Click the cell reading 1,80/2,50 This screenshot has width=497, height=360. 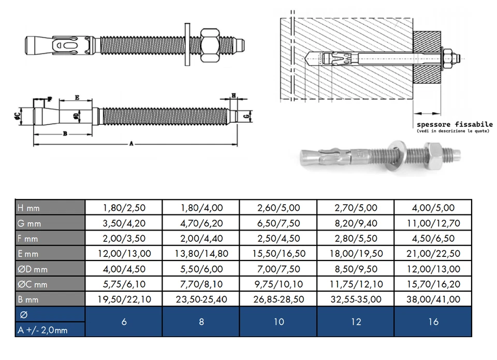coord(124,208)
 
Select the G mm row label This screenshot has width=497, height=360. coord(29,223)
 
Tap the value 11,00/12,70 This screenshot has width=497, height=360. coord(433,223)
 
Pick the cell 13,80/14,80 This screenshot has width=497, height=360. coord(201,254)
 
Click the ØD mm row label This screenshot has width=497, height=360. coord(32,269)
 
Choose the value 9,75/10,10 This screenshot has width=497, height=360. coord(279,284)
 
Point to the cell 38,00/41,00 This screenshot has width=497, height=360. coord(433,299)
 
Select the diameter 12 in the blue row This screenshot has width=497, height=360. coord(356,322)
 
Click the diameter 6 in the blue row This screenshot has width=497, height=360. coord(124,322)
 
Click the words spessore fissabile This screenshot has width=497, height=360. coord(455,125)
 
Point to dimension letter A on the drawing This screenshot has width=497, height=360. coord(131,145)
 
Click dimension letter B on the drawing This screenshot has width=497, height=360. coord(64,134)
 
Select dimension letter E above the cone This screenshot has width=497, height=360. coord(77,97)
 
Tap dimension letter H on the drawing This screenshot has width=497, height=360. coord(233,96)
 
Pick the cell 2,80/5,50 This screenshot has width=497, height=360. coord(356,239)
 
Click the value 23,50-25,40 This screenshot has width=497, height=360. coord(201,299)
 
